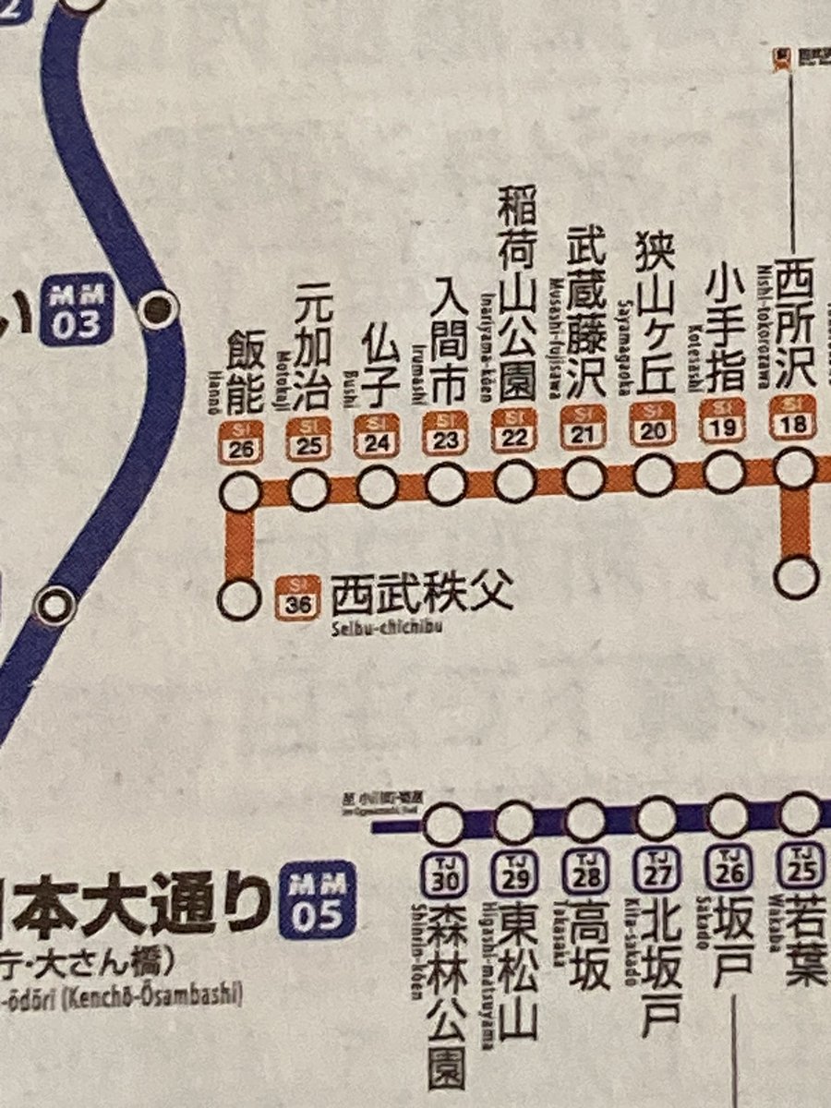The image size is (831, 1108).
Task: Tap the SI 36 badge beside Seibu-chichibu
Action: [x=298, y=596]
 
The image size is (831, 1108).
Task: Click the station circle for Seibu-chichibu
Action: [x=239, y=598]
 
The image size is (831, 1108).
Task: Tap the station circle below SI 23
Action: [x=446, y=484]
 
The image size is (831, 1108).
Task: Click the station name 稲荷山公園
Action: [x=515, y=294]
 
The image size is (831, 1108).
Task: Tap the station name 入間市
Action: [x=446, y=341]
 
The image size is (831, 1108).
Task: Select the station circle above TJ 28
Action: [x=585, y=817]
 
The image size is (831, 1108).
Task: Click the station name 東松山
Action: [x=517, y=969]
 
